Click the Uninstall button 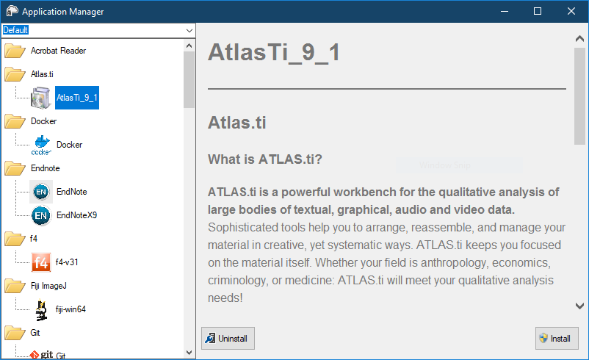pyautogui.click(x=228, y=338)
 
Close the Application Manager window pyautogui.click(x=571, y=11)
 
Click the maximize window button pyautogui.click(x=538, y=11)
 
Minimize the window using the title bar pyautogui.click(x=505, y=11)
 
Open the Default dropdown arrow pyautogui.click(x=189, y=30)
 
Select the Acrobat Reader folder pyautogui.click(x=58, y=51)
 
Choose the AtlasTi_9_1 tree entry pyautogui.click(x=77, y=98)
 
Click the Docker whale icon pyautogui.click(x=41, y=145)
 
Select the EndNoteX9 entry pyautogui.click(x=76, y=215)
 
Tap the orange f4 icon pyautogui.click(x=41, y=262)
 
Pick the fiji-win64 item pyautogui.click(x=71, y=309)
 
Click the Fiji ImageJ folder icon pyautogui.click(x=15, y=286)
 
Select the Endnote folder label pyautogui.click(x=46, y=168)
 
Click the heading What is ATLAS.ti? pyautogui.click(x=265, y=159)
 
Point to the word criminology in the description pyautogui.click(x=238, y=281)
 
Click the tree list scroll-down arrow pyautogui.click(x=189, y=353)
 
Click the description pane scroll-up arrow pyautogui.click(x=579, y=38)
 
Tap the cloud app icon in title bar pyautogui.click(x=12, y=11)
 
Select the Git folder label pyautogui.click(x=35, y=333)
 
